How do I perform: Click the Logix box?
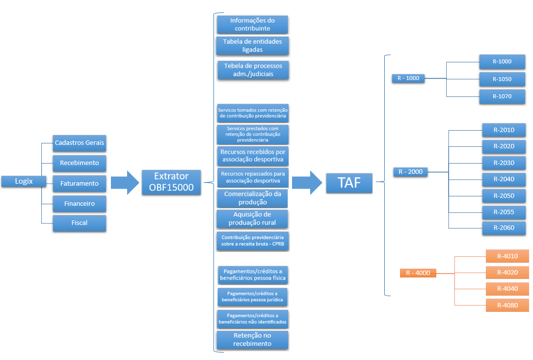pyautogui.click(x=24, y=181)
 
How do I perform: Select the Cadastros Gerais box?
pyautogui.click(x=80, y=143)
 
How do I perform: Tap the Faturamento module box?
pyautogui.click(x=80, y=183)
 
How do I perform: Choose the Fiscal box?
pyautogui.click(x=80, y=222)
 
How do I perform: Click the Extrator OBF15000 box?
pyautogui.click(x=171, y=182)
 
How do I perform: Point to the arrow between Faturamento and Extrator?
pyautogui.click(x=125, y=183)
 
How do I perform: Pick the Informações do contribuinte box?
pyautogui.click(x=252, y=25)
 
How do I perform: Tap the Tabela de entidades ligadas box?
pyautogui.click(x=252, y=46)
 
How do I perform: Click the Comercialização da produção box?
pyautogui.click(x=252, y=198)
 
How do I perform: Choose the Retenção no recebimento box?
pyautogui.click(x=252, y=339)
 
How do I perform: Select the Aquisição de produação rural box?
pyautogui.click(x=252, y=219)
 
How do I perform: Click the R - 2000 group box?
pyautogui.click(x=410, y=172)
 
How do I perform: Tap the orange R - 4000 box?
pyautogui.click(x=418, y=273)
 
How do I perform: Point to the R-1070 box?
pyautogui.click(x=502, y=96)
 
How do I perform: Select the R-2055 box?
pyautogui.click(x=504, y=212)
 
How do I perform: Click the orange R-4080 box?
pyautogui.click(x=507, y=305)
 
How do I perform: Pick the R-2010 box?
pyautogui.click(x=504, y=130)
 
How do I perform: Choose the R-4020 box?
pyautogui.click(x=507, y=273)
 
